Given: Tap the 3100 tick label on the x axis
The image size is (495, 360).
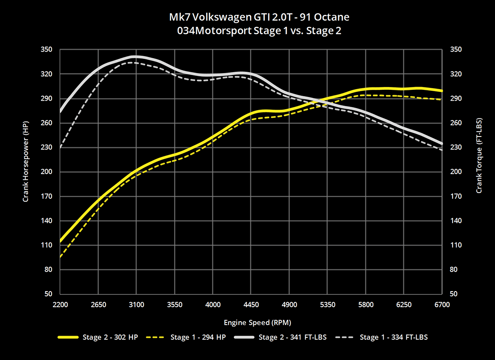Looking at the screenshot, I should (x=137, y=305).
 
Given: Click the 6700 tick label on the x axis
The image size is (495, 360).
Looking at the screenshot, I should (x=442, y=305).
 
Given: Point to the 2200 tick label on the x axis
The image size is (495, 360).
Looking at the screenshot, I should (x=60, y=305).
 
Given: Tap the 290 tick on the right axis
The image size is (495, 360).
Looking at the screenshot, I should (x=455, y=99).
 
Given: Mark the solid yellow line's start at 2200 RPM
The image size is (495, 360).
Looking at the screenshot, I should (x=61, y=241).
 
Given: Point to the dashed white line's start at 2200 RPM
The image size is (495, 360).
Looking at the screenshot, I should (x=61, y=147).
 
